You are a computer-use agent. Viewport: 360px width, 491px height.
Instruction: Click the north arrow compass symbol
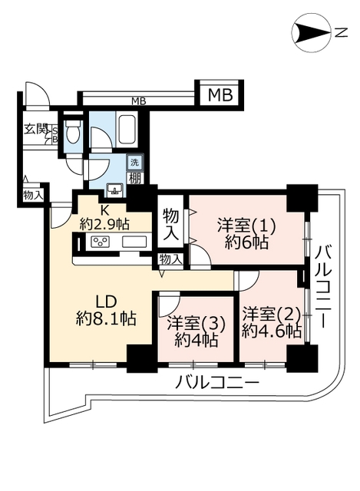(x=311, y=32)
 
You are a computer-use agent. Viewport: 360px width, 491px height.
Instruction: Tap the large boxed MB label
(x=220, y=95)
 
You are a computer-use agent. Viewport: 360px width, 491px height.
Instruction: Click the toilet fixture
(x=72, y=132)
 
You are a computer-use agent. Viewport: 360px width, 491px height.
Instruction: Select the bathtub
(x=127, y=130)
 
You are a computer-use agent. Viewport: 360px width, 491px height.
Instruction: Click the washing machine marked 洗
(x=134, y=163)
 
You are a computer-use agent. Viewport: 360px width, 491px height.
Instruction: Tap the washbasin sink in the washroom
(x=114, y=190)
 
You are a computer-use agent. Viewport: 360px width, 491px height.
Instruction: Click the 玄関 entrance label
(x=36, y=130)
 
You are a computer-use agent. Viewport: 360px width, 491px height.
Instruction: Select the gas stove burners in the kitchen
(x=100, y=242)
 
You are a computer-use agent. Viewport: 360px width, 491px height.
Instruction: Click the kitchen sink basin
(x=134, y=242)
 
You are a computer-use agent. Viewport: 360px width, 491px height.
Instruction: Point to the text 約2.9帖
(x=104, y=224)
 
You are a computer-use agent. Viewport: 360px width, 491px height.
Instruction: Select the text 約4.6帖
(x=271, y=331)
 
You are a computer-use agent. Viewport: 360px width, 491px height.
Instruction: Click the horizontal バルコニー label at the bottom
(x=216, y=383)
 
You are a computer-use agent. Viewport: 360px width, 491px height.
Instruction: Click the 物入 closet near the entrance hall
(x=32, y=196)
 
